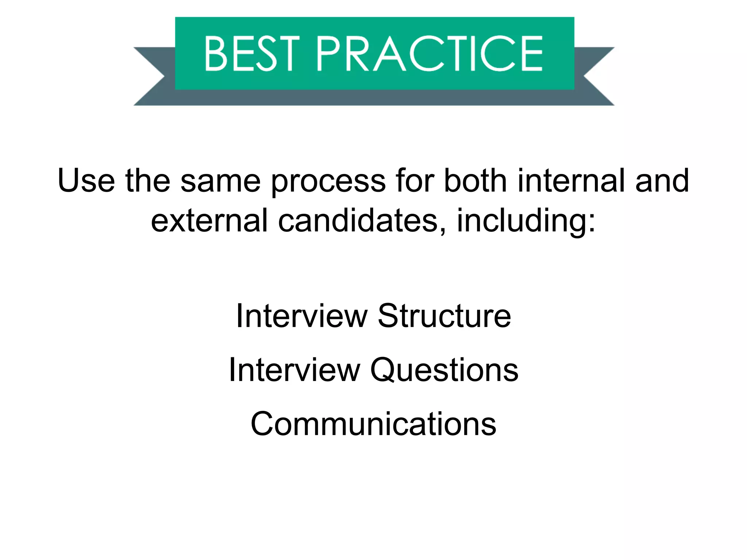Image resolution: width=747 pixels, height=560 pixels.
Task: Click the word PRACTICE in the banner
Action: [x=430, y=54]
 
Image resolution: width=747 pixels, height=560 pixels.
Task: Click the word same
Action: [x=220, y=181]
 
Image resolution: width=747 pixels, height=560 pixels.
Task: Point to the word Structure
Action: [x=444, y=316]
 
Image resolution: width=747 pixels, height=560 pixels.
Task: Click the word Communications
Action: [x=373, y=424]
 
